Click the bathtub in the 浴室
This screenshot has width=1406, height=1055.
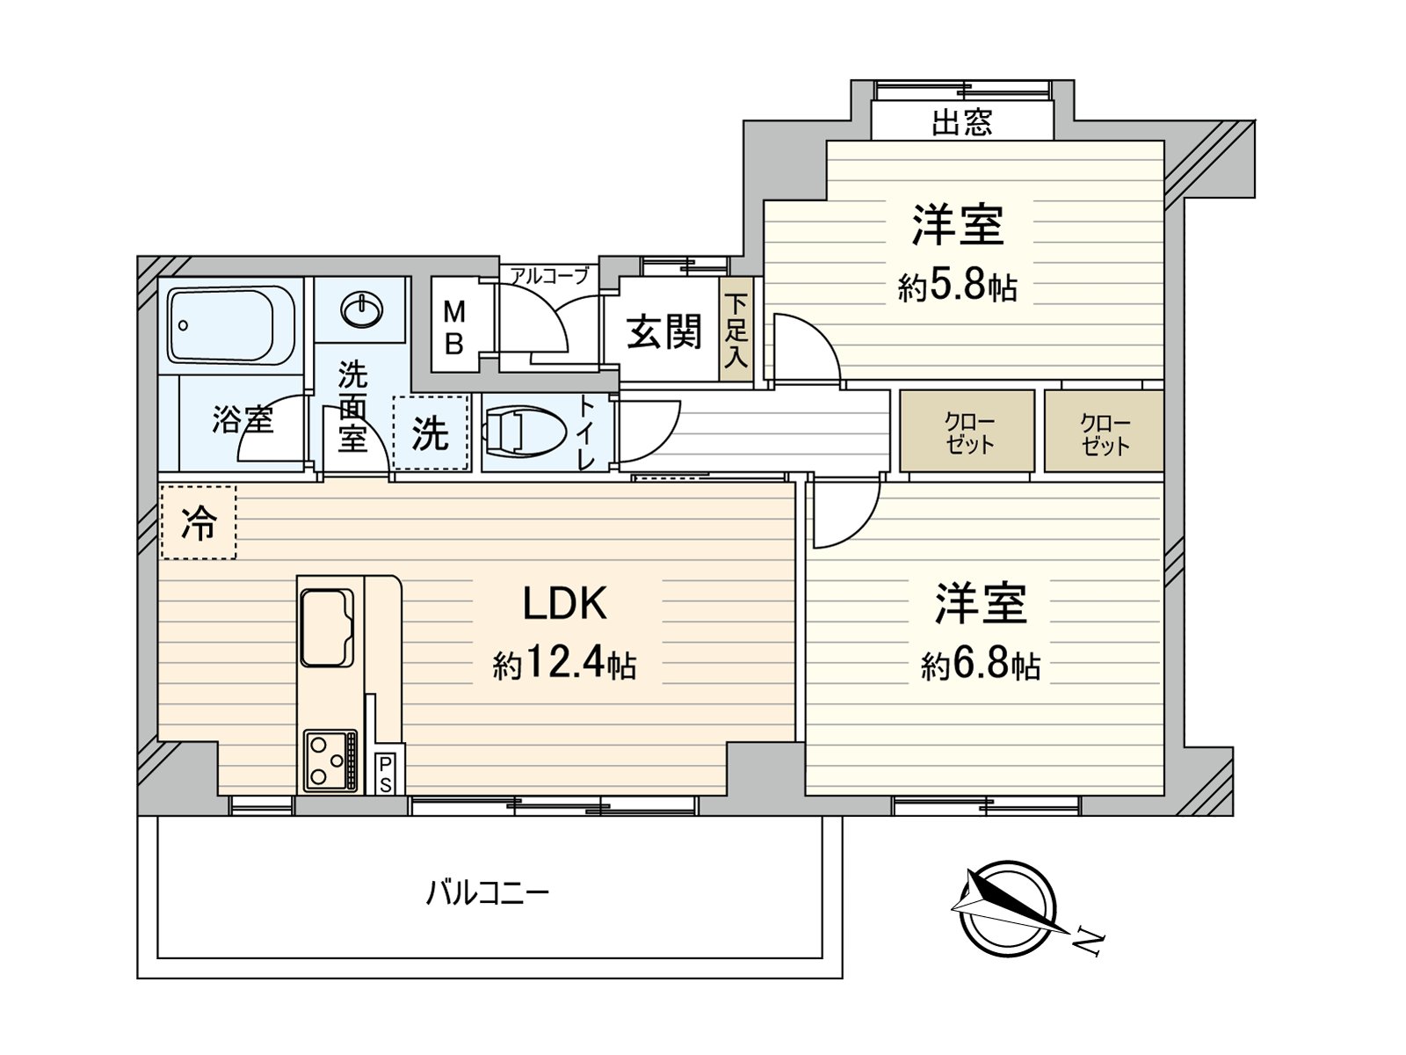coord(231,324)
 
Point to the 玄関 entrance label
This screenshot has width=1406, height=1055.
coord(664,331)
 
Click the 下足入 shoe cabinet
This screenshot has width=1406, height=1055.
coord(736,331)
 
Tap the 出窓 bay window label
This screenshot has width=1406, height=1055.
coord(962,121)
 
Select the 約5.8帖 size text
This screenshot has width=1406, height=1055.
coord(957,286)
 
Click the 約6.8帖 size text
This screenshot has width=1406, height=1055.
coord(980,665)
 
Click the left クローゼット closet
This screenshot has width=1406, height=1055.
coord(968,432)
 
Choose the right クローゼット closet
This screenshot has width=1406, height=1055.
coord(1104,432)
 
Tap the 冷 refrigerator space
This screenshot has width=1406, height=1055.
coord(199,523)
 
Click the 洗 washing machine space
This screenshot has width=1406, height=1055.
coord(431,433)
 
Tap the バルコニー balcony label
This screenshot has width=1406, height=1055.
coord(488,894)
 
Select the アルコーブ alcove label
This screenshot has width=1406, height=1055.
coord(550,275)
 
